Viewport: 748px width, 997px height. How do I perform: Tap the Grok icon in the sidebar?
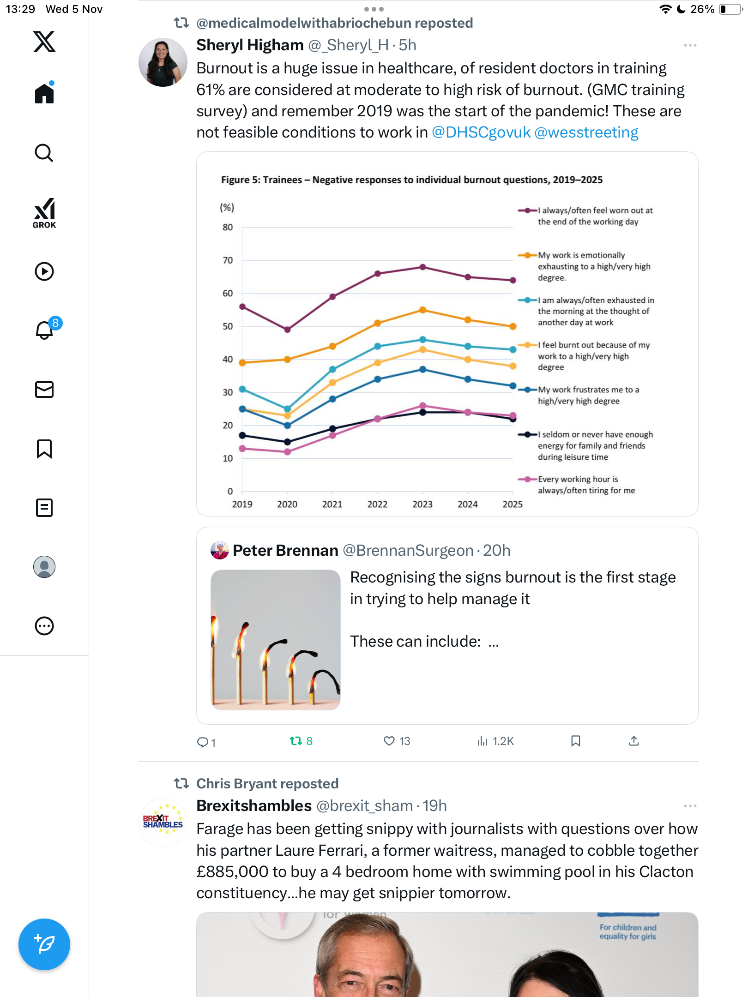44,213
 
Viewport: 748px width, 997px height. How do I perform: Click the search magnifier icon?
44,153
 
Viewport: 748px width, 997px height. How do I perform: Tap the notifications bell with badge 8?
45,330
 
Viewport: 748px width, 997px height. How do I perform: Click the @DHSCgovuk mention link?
481,132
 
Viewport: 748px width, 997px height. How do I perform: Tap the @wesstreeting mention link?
586,132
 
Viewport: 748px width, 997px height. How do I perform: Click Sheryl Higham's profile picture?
163,62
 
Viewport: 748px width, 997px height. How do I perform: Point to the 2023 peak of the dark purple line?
422,267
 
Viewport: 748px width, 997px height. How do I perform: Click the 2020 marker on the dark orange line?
287,359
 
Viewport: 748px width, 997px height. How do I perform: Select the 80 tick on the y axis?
228,227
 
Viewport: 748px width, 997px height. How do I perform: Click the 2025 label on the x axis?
513,504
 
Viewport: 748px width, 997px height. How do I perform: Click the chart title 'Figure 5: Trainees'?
411,180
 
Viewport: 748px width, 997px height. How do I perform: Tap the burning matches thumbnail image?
276,640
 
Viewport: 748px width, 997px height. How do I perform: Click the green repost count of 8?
301,741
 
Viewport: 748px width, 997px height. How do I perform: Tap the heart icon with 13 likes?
389,741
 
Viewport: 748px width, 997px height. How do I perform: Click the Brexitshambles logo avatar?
163,823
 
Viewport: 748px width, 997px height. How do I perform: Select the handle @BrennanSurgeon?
408,551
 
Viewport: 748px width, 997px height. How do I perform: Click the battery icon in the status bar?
730,9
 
